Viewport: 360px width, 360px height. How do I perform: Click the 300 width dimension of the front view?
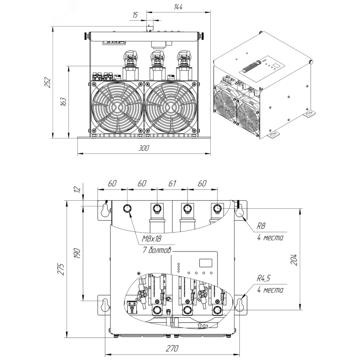pos(144,148)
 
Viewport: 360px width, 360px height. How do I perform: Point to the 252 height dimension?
pos(47,82)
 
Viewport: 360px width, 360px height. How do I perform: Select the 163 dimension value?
pos(63,102)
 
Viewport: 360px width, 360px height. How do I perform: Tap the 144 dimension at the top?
pos(178,7)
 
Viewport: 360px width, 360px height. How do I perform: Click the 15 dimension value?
pos(135,15)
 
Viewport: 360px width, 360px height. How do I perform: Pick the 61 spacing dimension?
pos(172,183)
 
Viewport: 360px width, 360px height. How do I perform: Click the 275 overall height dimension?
pos(61,269)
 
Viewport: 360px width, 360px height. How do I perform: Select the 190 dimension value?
pos(77,253)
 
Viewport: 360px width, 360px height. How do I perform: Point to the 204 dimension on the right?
pos(294,260)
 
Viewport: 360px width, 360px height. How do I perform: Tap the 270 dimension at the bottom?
pos(172,348)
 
